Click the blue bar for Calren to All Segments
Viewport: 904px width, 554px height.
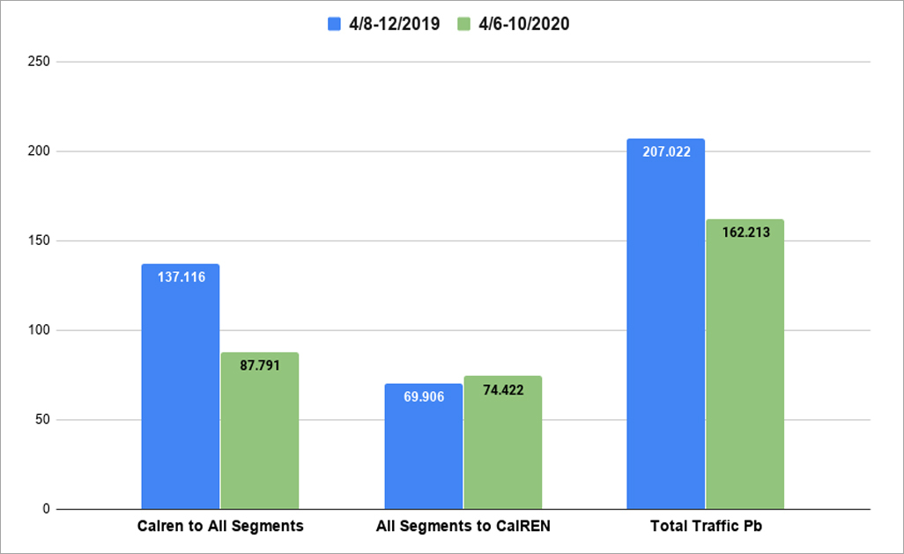(x=180, y=396)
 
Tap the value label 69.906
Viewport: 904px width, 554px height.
(x=423, y=397)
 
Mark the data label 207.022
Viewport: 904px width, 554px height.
(x=665, y=151)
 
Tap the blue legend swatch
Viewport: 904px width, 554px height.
(x=334, y=25)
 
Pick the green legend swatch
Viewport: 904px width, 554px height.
(x=464, y=25)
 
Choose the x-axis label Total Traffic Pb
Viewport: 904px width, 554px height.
(x=705, y=527)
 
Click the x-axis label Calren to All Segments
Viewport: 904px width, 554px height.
(x=220, y=527)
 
